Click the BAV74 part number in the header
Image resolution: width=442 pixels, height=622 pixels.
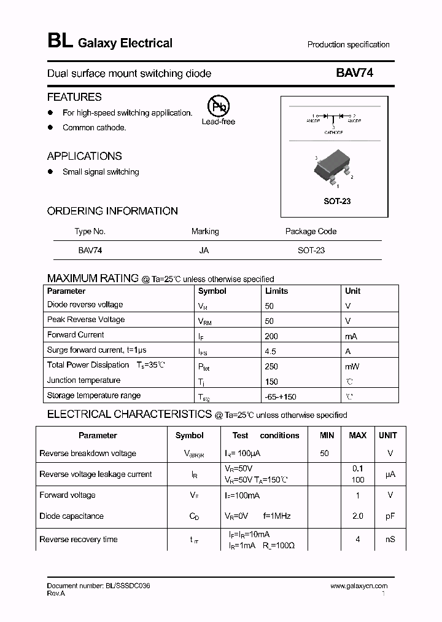point(354,73)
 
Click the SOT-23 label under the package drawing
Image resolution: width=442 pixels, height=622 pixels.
point(337,201)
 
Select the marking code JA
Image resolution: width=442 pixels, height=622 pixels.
point(204,251)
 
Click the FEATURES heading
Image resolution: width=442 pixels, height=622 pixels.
point(74,97)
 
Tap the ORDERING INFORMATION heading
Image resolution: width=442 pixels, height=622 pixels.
point(112,211)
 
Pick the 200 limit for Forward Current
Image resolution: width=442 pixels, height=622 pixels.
point(271,336)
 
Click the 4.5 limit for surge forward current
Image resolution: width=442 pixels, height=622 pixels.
point(271,352)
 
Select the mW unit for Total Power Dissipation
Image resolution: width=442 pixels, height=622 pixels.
point(352,366)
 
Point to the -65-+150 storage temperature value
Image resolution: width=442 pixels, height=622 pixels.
point(281,397)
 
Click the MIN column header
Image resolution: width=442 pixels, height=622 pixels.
point(327,435)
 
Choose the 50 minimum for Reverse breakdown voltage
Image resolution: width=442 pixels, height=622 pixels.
point(325,454)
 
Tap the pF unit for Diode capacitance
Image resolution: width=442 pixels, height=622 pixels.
point(390,516)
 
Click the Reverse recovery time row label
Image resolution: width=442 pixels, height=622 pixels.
point(79,540)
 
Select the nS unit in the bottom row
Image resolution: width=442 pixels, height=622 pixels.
point(390,540)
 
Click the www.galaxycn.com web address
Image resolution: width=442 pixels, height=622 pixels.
point(359,586)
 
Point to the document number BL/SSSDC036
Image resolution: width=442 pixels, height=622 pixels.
point(98,586)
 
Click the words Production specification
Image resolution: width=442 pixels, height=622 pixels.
point(348,45)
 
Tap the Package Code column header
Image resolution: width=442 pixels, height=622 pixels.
point(311,232)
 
